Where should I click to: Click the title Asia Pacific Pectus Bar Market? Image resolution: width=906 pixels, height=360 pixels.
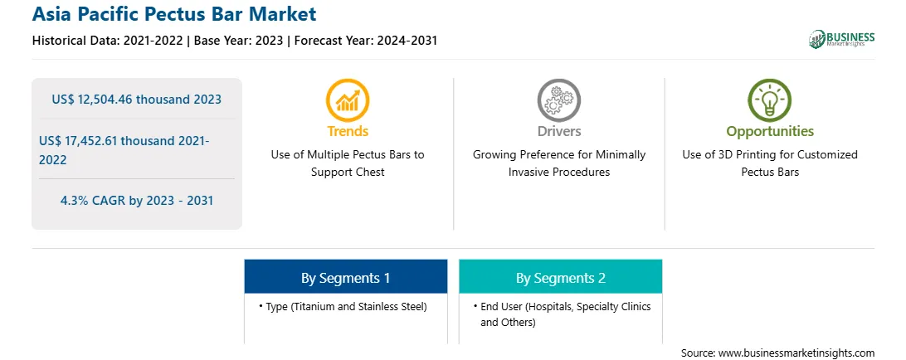tap(174, 14)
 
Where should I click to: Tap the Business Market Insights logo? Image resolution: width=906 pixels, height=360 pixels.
tap(841, 39)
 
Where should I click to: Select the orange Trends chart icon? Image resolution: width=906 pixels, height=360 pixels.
tap(348, 100)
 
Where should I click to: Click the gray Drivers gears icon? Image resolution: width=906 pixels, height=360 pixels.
tap(558, 100)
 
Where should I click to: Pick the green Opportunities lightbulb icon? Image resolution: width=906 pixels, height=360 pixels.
tap(770, 100)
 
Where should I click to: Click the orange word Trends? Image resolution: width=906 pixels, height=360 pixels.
tap(348, 131)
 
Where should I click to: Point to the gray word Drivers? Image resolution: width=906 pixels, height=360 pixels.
tap(559, 131)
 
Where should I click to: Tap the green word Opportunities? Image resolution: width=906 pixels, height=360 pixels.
tap(770, 132)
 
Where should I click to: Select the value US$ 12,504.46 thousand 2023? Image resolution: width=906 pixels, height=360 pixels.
tap(136, 100)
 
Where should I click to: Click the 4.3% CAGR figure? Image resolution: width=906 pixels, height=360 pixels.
tap(137, 201)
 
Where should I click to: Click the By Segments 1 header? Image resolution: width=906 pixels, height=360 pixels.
tap(345, 278)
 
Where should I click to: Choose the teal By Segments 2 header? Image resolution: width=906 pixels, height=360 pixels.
tap(561, 278)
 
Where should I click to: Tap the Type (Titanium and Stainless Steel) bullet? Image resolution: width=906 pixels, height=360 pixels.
tap(343, 307)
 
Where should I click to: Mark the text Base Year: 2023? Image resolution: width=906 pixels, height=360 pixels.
tap(238, 41)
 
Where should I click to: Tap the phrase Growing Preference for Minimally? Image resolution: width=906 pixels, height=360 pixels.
tap(559, 155)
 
